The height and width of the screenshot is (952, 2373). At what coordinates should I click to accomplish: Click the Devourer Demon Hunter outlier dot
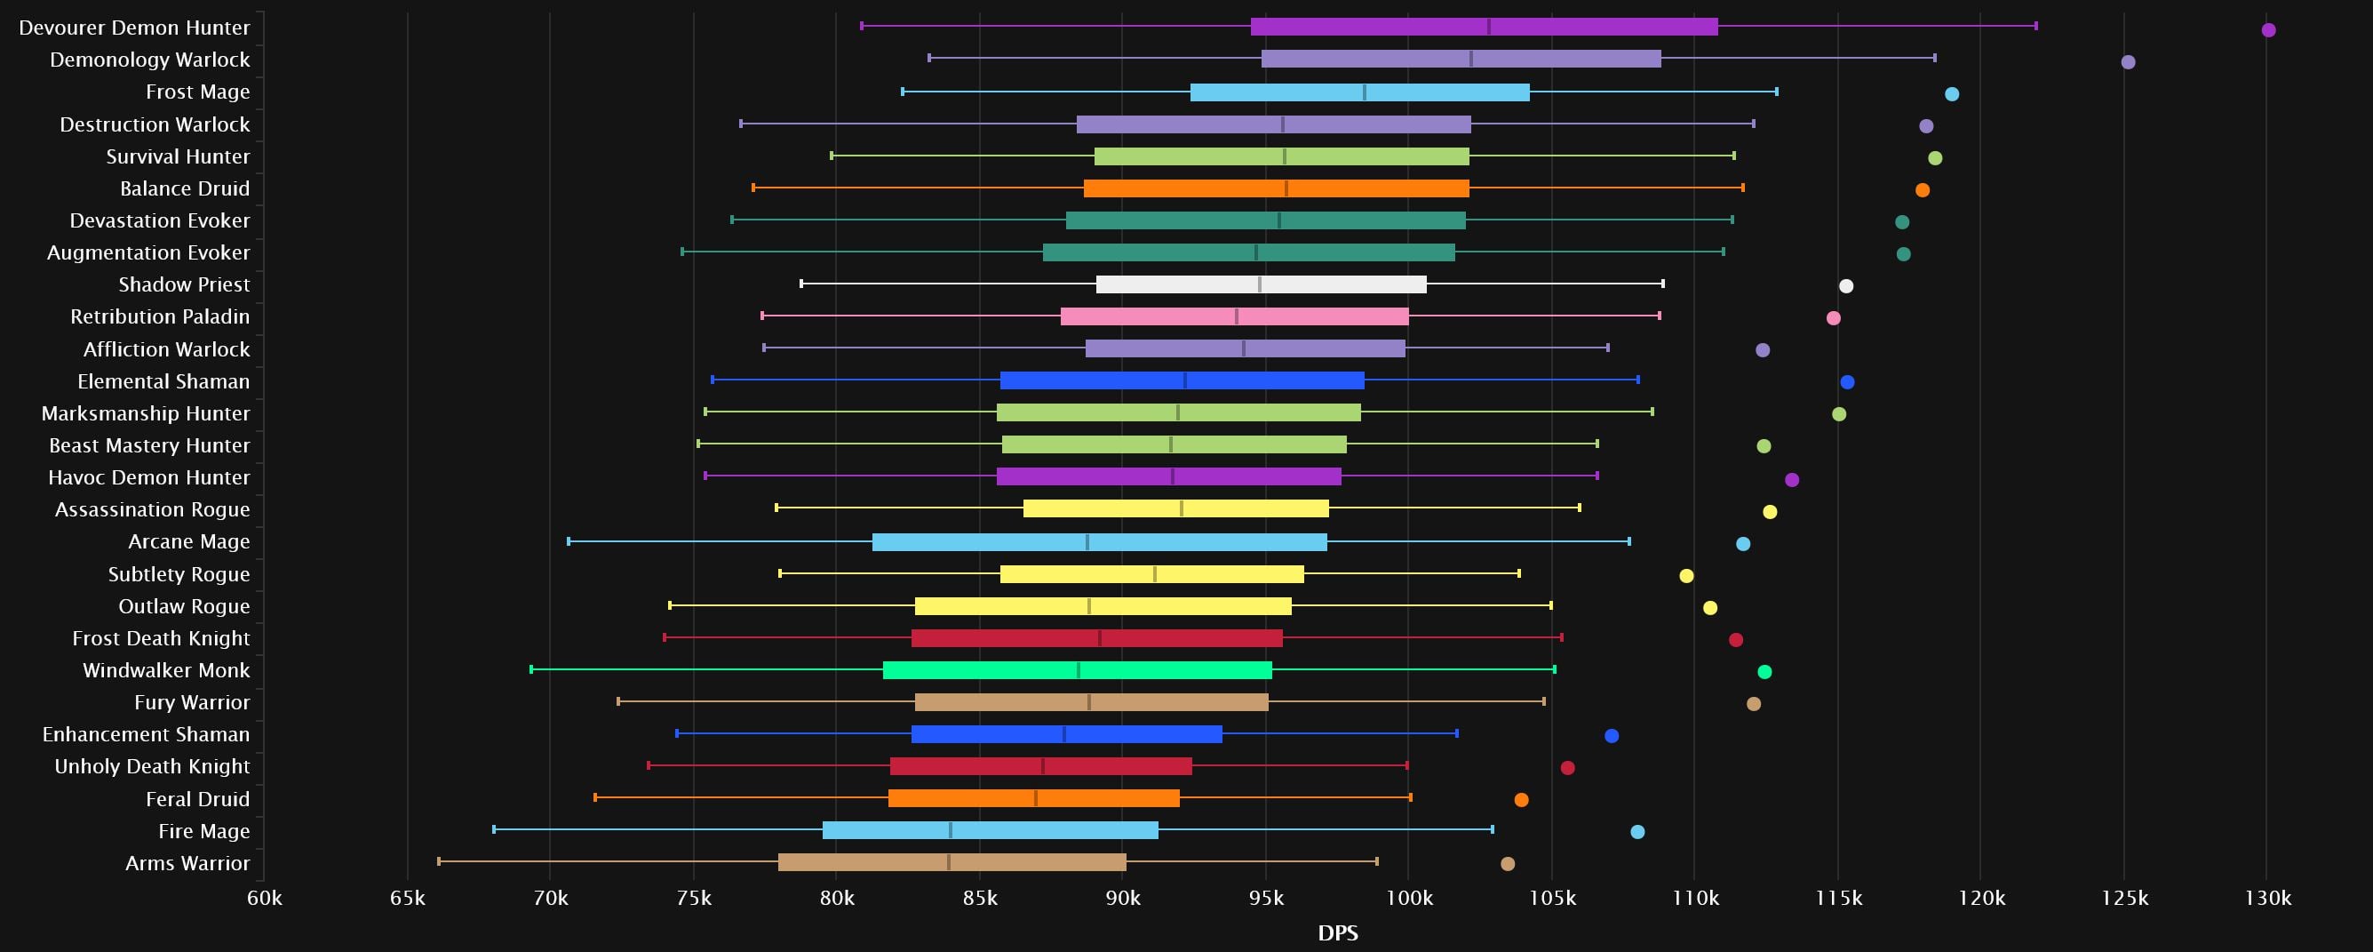click(x=2268, y=30)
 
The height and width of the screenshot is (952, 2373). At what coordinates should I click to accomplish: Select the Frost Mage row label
click(x=197, y=92)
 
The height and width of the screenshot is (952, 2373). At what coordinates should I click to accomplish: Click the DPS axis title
click(x=1338, y=932)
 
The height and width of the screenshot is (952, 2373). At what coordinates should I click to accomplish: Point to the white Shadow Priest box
click(x=1260, y=284)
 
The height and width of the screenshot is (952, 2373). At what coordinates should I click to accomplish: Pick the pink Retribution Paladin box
click(x=1234, y=317)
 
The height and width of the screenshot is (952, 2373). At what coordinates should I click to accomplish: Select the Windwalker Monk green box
click(x=1077, y=671)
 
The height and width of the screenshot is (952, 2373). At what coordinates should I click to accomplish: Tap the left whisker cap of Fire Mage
click(x=494, y=830)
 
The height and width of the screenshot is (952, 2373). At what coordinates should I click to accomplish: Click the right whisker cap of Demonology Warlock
click(x=1934, y=59)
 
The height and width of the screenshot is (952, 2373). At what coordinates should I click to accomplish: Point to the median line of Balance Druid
click(x=1286, y=189)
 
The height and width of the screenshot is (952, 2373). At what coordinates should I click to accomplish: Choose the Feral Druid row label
click(x=197, y=799)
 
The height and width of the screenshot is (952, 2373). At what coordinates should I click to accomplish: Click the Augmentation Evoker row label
click(x=148, y=252)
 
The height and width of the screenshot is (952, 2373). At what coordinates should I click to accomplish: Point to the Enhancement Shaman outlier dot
click(x=1612, y=736)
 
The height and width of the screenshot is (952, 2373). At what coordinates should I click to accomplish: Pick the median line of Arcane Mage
click(x=1087, y=543)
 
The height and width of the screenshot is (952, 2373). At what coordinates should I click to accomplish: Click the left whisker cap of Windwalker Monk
click(x=531, y=670)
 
